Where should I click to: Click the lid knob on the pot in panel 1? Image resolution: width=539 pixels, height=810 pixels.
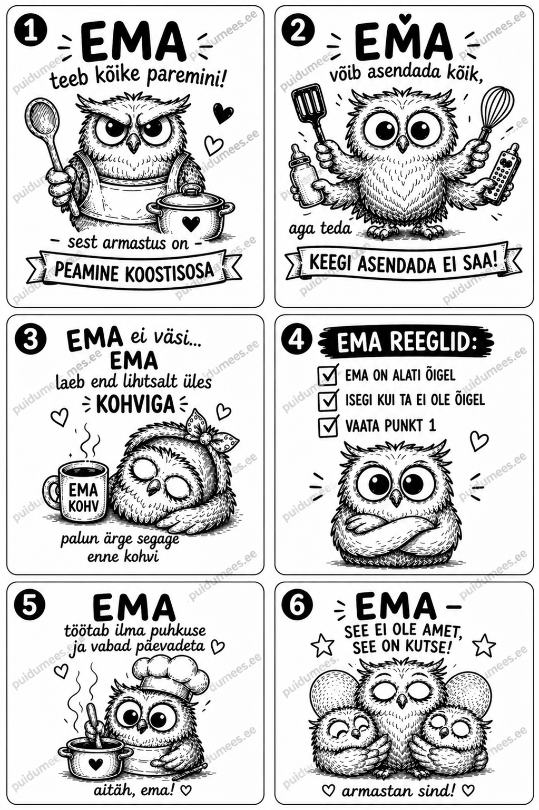point(192,189)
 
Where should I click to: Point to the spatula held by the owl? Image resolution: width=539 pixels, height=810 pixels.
point(311,112)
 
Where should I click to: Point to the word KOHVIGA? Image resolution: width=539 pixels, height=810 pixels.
point(135,404)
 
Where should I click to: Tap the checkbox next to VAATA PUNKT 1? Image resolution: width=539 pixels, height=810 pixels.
point(328,426)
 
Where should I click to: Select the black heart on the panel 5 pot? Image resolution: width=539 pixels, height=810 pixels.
point(95,762)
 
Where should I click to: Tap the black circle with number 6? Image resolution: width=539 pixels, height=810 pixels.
point(298,606)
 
